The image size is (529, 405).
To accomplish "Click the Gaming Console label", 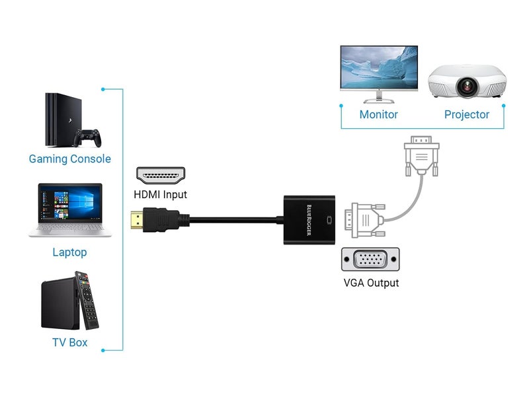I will [69, 159].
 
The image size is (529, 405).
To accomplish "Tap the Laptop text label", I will [69, 252].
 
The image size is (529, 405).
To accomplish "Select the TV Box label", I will [69, 342].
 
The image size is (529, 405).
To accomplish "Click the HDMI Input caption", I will [160, 194].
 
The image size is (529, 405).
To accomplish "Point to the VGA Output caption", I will [371, 283].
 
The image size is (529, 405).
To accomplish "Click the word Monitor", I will [378, 114].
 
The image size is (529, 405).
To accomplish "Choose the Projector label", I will [466, 114].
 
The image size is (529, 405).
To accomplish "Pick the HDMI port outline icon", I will [161, 175].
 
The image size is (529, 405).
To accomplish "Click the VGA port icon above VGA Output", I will [370, 259].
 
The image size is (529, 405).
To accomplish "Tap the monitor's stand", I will [379, 98].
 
